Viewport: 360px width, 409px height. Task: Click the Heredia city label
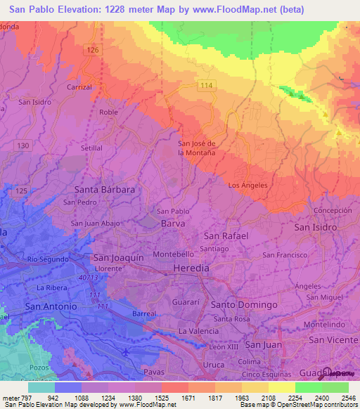(x=191, y=268)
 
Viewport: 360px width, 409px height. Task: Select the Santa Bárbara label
(x=104, y=189)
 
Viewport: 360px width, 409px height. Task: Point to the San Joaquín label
(x=119, y=257)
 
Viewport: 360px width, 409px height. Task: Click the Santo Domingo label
(x=244, y=304)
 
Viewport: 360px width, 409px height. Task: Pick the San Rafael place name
(x=226, y=236)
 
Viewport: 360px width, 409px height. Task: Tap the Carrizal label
(x=79, y=86)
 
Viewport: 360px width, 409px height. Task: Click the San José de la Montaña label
(x=200, y=148)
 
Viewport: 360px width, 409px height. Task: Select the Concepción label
(x=333, y=210)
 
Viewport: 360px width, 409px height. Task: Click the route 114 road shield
(x=205, y=85)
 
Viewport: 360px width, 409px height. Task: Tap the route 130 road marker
(x=24, y=145)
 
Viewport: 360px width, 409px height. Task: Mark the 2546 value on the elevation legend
(x=348, y=397)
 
